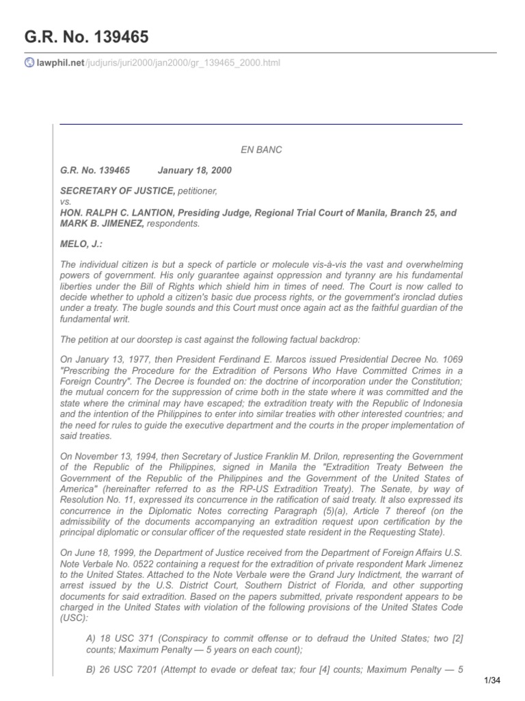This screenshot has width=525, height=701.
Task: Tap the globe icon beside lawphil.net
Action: (x=29, y=63)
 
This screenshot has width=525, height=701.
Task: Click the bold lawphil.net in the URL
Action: (x=59, y=63)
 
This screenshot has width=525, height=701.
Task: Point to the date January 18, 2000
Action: (x=195, y=170)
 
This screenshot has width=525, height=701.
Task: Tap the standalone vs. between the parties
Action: (x=66, y=202)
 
